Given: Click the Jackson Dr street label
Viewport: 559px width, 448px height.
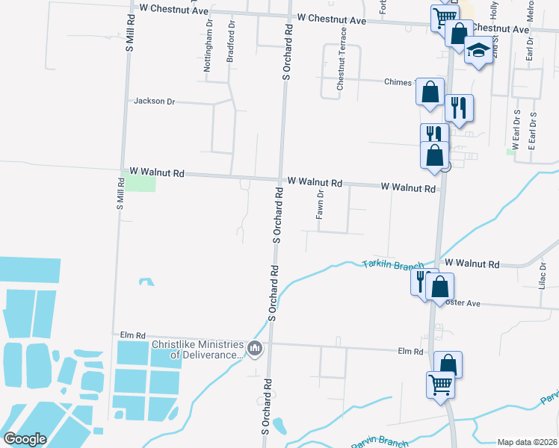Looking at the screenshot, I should click(154, 101).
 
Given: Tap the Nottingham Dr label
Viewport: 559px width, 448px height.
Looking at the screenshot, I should click(208, 46).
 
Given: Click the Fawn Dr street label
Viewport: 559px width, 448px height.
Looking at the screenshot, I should click(319, 204).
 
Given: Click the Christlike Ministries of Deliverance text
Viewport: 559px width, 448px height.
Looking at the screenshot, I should click(198, 349).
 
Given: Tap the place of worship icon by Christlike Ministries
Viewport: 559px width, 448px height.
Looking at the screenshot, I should click(255, 349).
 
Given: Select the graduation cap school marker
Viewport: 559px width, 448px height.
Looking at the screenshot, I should click(478, 52).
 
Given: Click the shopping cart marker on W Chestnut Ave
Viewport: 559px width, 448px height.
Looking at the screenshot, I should click(444, 16).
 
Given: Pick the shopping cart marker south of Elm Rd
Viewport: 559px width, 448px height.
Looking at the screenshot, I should click(440, 384).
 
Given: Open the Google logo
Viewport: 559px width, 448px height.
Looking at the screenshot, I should click(25, 439).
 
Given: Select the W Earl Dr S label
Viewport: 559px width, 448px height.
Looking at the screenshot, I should click(517, 128).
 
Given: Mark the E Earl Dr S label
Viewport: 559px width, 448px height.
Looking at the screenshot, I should click(532, 128).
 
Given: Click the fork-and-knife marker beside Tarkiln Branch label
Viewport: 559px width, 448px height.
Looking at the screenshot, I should click(420, 281).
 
